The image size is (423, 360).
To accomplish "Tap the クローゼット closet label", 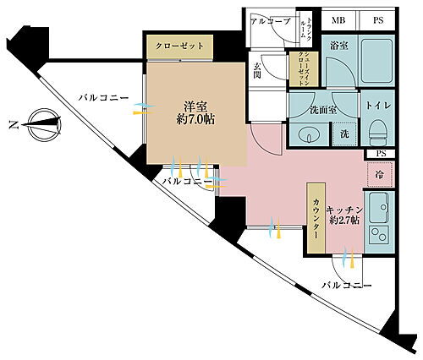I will click(179, 46).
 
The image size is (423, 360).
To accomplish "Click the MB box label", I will click(338, 20).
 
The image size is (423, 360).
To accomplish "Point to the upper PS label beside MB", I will click(379, 20).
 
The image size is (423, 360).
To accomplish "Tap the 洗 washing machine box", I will click(343, 134).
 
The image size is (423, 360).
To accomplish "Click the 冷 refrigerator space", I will click(378, 174).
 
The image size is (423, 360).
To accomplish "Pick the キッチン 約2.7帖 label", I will click(343, 213).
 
